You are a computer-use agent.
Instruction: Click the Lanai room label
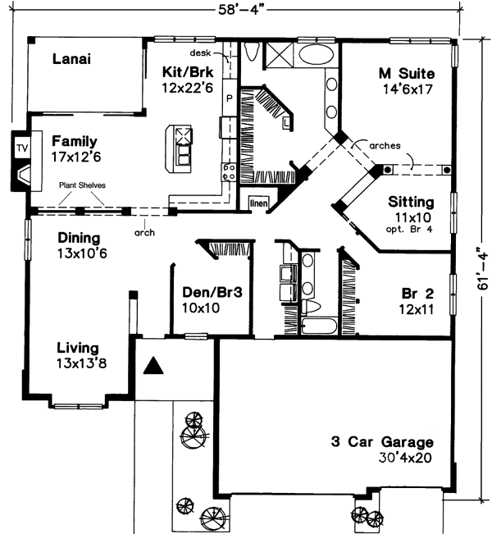[x=71, y=58]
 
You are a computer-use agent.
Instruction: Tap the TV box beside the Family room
[x=21, y=148]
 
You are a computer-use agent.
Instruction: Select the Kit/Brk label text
[x=188, y=71]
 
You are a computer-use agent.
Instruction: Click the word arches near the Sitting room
[x=385, y=145]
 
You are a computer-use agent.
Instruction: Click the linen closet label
[x=258, y=199]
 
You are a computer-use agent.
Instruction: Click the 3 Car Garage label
[x=382, y=441]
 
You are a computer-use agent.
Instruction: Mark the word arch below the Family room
[x=145, y=232]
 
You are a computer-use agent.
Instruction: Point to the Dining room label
[x=80, y=238]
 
